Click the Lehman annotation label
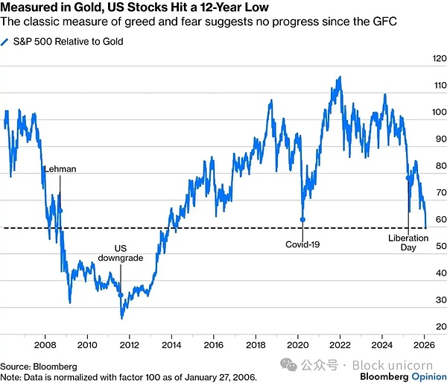[x=60, y=169]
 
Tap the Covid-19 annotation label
[x=302, y=244]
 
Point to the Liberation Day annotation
[x=408, y=243]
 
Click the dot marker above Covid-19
[x=302, y=219]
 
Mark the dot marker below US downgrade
[x=121, y=295]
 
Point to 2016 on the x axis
[x=214, y=345]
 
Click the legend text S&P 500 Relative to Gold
[x=65, y=42]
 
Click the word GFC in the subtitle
[x=381, y=22]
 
